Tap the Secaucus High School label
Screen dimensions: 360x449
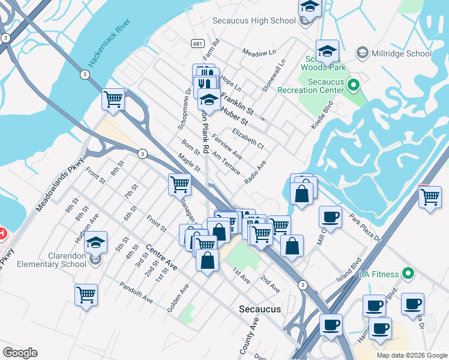pyautogui.click(x=254, y=20)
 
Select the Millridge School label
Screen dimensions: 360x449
pyautogui.click(x=401, y=53)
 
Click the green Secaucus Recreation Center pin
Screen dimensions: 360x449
pyautogui.click(x=353, y=86)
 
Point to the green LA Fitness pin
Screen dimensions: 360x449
pyautogui.click(x=408, y=274)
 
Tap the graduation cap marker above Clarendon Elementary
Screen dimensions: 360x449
pyautogui.click(x=95, y=243)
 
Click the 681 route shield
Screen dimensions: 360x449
pyautogui.click(x=197, y=44)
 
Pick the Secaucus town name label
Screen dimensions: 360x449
pyautogui.click(x=260, y=309)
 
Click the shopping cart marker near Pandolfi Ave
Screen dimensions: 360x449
pyautogui.click(x=86, y=295)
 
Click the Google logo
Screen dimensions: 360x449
pyautogui.click(x=20, y=353)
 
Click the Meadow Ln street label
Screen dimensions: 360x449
pyautogui.click(x=259, y=52)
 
